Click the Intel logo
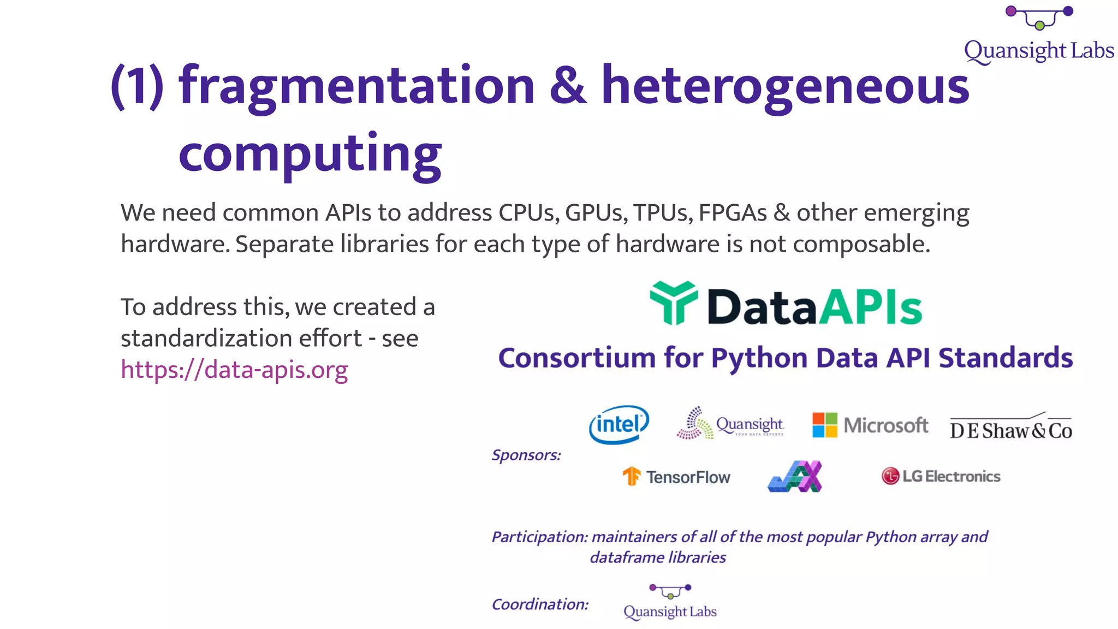pos(619,424)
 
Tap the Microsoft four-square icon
pos(824,425)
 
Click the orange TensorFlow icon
pos(632,476)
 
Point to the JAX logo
pos(795,476)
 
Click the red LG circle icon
pos(890,476)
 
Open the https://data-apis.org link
pos(234,370)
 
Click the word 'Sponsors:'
pos(526,455)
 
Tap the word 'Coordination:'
pos(540,604)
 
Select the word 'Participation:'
pos(539,537)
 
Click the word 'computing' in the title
pos(310,153)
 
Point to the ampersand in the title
pos(568,85)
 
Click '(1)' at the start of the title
pos(137,85)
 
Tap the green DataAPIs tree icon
pos(674,302)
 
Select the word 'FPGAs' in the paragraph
pos(733,212)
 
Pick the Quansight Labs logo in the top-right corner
pos(1039,35)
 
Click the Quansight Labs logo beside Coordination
pos(670,602)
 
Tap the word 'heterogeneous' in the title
pos(785,85)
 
